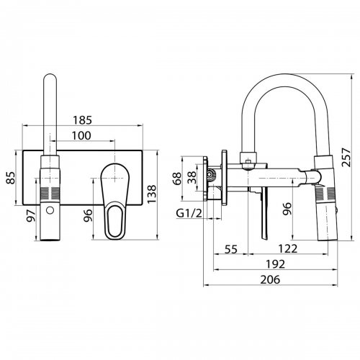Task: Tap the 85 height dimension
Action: tap(10, 176)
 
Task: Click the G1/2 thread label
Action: tap(189, 213)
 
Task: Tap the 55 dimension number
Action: tap(230, 249)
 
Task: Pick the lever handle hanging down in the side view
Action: tap(263, 216)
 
